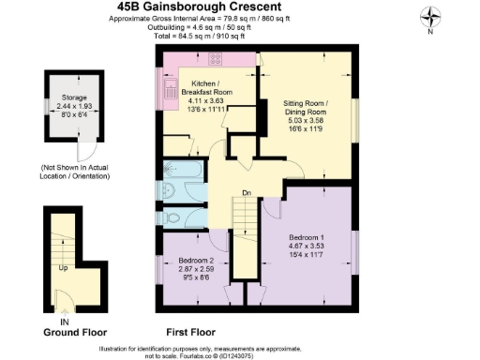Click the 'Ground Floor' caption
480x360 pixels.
pyautogui.click(x=75, y=332)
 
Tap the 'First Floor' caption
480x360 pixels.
pyautogui.click(x=190, y=332)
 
